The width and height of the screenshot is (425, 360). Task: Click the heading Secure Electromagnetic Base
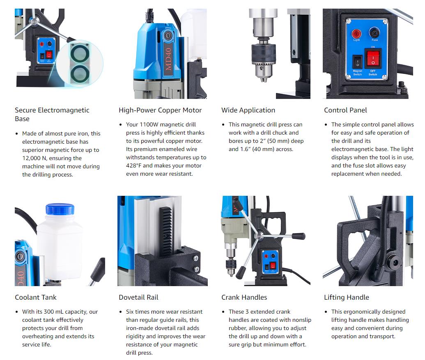(52, 114)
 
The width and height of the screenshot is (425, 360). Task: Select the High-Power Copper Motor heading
(160, 110)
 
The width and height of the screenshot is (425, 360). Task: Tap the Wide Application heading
(248, 110)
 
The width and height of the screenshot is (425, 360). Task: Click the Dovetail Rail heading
(138, 298)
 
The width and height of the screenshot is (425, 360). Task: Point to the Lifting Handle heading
(347, 298)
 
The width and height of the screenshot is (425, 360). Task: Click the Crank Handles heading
(244, 298)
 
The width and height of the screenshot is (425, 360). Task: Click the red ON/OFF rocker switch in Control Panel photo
(373, 58)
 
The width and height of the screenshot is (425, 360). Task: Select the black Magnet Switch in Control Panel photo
(357, 62)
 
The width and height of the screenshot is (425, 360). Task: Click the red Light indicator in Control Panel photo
(356, 34)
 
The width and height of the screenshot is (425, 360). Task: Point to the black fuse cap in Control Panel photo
(374, 32)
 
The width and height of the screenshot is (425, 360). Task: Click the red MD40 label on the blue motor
(168, 59)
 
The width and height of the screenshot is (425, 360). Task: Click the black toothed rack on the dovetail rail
(165, 230)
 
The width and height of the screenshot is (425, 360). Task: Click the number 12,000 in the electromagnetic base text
(31, 158)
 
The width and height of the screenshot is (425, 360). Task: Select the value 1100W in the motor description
(149, 125)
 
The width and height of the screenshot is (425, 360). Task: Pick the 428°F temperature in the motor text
(133, 165)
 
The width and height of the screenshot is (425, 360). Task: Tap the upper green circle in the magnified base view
(80, 53)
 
